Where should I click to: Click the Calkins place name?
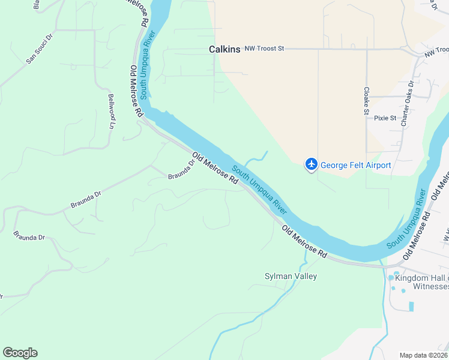(x=224, y=49)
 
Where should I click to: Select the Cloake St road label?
(x=366, y=100)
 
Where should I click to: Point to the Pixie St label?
(x=385, y=118)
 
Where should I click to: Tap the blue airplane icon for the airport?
(x=311, y=164)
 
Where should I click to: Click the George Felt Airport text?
(x=355, y=165)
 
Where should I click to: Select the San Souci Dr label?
(x=40, y=53)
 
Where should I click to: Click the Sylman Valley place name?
(x=291, y=276)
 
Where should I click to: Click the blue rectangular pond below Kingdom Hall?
(x=411, y=306)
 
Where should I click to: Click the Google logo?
(x=20, y=353)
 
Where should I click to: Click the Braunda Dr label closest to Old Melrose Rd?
(x=181, y=173)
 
